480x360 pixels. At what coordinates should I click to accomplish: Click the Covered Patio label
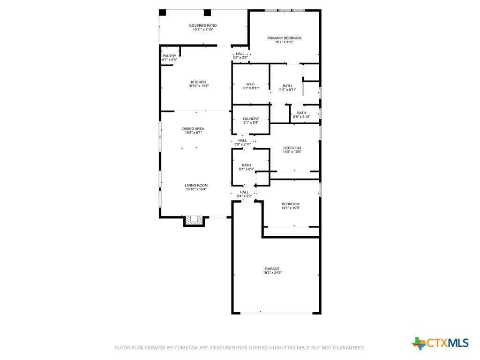[x=202, y=26]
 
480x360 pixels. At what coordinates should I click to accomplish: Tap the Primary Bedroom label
[x=285, y=38]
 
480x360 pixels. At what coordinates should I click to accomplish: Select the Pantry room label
[x=169, y=56]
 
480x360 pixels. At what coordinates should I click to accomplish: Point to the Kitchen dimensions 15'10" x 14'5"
[x=198, y=86]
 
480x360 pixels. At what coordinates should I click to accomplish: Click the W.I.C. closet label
[x=251, y=84]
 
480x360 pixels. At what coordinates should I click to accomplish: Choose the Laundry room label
[x=251, y=119]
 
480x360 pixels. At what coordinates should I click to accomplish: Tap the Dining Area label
[x=193, y=129]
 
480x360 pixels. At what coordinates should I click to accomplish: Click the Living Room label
[x=196, y=185]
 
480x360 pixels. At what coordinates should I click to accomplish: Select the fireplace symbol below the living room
[x=194, y=220]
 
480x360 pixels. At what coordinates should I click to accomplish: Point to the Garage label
[x=272, y=269]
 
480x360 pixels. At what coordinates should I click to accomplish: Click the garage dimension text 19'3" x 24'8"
[x=272, y=273]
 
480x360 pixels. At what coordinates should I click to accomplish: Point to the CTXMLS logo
[x=440, y=343]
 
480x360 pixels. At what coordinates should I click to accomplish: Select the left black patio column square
[x=162, y=13]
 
